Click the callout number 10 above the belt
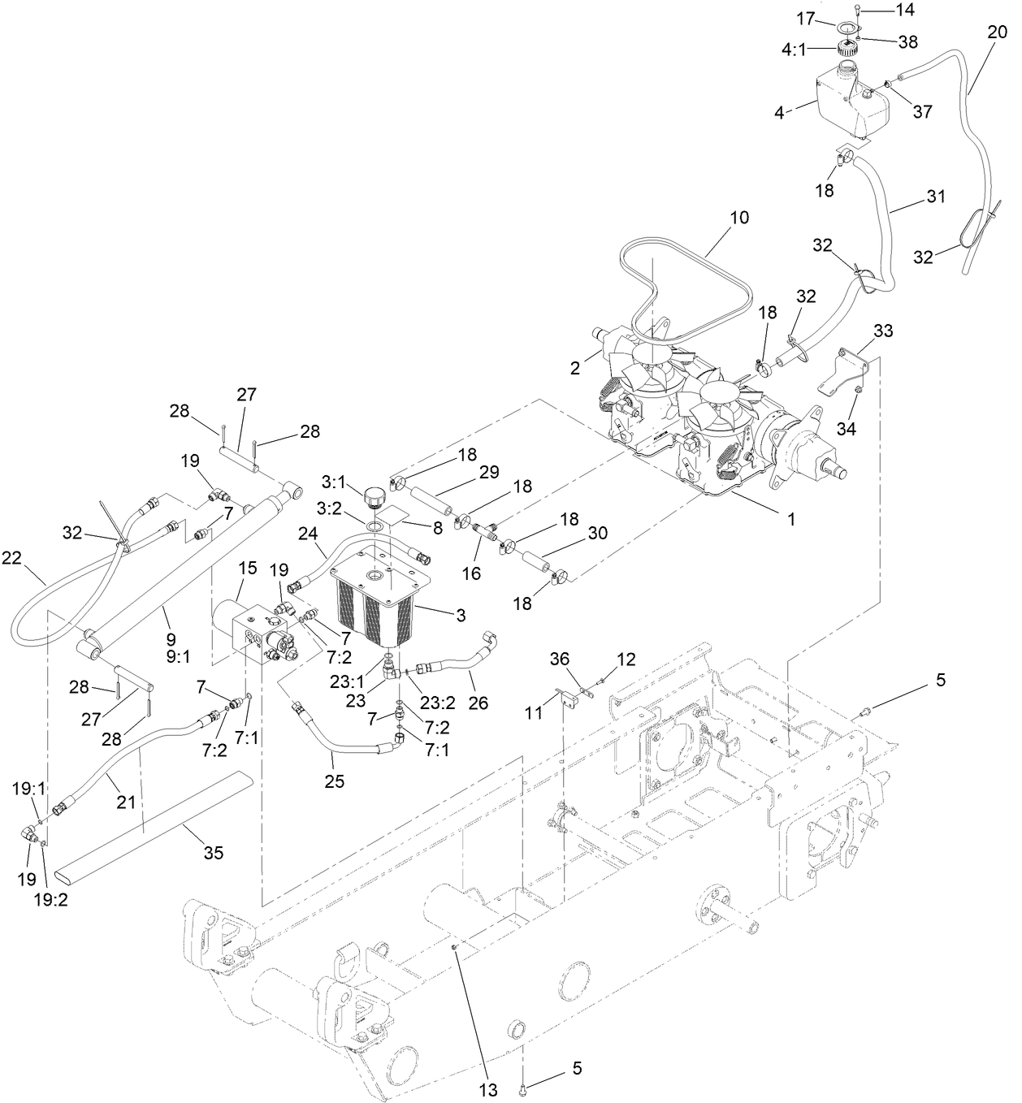coord(739,218)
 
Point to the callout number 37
coord(922,112)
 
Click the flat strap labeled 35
coord(154,821)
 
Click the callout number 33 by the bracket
coord(883,331)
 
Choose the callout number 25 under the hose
coord(335,781)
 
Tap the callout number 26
coord(479,702)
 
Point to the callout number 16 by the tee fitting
coord(470,573)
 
